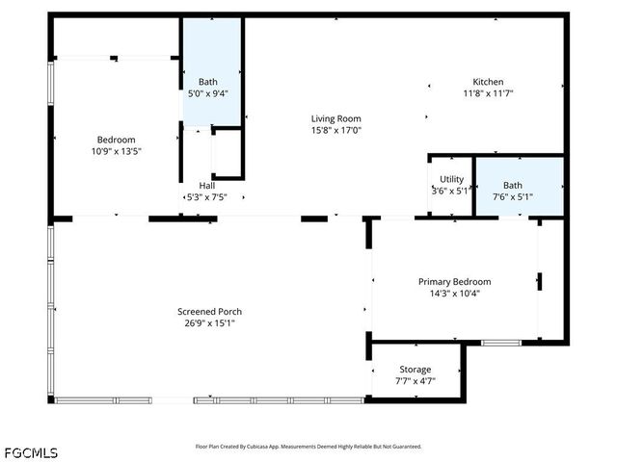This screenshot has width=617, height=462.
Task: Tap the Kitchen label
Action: coord(488,82)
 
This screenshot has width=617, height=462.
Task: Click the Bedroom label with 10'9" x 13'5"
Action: coord(115,140)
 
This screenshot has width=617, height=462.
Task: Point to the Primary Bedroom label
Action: coord(454,282)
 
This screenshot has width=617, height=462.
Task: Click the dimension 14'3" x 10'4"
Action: coord(454,294)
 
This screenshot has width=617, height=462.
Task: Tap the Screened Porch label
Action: coord(209,312)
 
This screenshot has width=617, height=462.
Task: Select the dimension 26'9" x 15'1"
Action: coord(209,323)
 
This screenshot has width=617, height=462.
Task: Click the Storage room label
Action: coord(416,370)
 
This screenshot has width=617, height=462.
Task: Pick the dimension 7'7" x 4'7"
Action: coord(416,381)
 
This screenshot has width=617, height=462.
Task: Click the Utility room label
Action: coord(451,179)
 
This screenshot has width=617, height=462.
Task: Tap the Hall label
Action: coord(207,186)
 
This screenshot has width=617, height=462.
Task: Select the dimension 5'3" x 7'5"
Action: coord(207,197)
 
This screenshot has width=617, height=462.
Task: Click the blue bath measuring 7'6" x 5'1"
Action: coord(519,185)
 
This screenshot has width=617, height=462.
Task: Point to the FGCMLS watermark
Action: coord(31,452)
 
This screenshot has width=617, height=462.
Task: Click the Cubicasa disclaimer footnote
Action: coord(308,447)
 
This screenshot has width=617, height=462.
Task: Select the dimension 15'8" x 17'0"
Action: coord(335,130)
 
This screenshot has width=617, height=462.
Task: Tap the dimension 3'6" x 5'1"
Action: coord(451,191)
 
